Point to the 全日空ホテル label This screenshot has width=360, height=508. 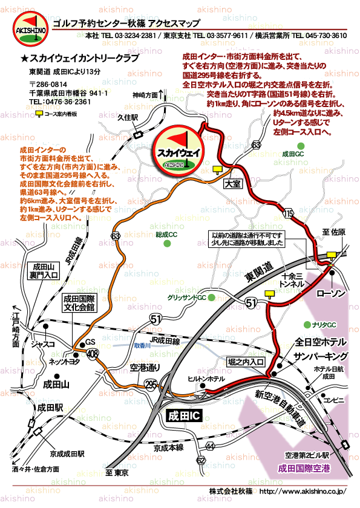(x=320, y=342)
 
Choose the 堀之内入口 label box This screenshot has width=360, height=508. (x=246, y=362)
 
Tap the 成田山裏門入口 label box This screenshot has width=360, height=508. (x=44, y=270)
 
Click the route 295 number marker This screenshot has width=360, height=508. (x=151, y=384)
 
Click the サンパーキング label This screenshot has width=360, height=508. (x=320, y=356)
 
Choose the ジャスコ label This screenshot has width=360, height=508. (x=44, y=344)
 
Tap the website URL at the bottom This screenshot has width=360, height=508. (x=302, y=491)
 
